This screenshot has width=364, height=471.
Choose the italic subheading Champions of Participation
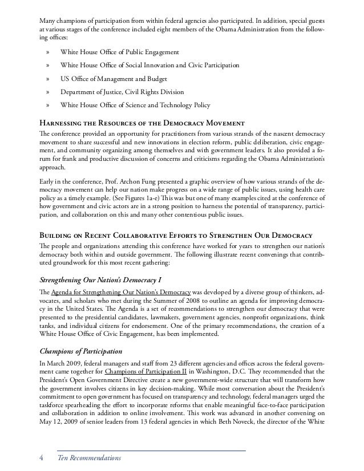[81, 351]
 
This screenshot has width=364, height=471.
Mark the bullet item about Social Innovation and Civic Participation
[149, 66]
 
